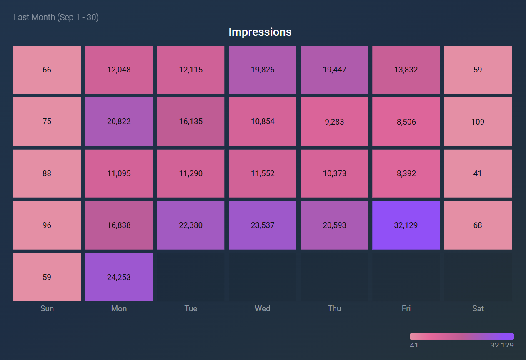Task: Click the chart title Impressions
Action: pyautogui.click(x=260, y=32)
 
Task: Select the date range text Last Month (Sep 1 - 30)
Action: pyautogui.click(x=56, y=17)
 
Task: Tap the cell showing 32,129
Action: pyautogui.click(x=406, y=225)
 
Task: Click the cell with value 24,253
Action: pyautogui.click(x=119, y=277)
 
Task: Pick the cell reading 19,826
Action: pyautogui.click(x=263, y=70)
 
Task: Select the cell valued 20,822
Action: pyautogui.click(x=119, y=121)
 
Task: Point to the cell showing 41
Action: pyautogui.click(x=478, y=173)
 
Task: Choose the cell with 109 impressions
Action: pyautogui.click(x=478, y=121)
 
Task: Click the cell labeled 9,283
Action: pyautogui.click(x=334, y=121)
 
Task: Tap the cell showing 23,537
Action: pyautogui.click(x=263, y=225)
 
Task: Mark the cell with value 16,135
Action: pyautogui.click(x=191, y=121)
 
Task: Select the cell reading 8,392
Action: pyautogui.click(x=406, y=173)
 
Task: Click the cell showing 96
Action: pyautogui.click(x=47, y=225)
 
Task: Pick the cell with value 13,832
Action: pyautogui.click(x=406, y=70)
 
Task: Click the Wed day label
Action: pyautogui.click(x=263, y=308)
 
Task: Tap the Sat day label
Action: pyautogui.click(x=478, y=308)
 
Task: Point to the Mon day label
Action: pyautogui.click(x=119, y=308)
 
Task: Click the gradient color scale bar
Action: pyautogui.click(x=461, y=336)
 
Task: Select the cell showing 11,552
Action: pyautogui.click(x=263, y=173)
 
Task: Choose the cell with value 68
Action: pyautogui.click(x=478, y=225)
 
